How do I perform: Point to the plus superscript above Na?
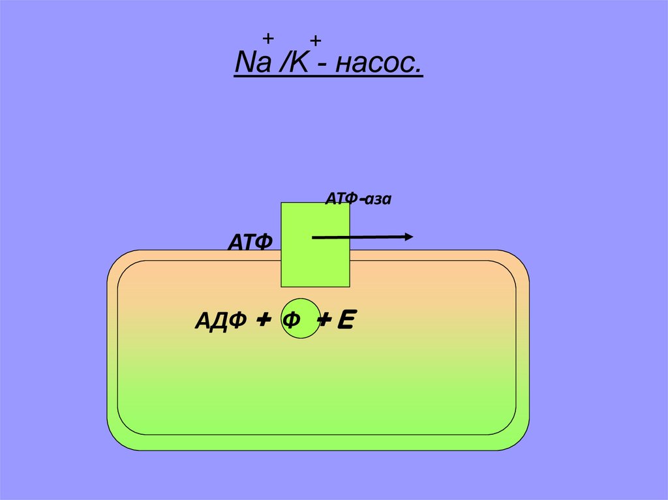(x=267, y=38)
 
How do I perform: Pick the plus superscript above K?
(x=316, y=42)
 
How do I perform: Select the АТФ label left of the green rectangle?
(x=249, y=242)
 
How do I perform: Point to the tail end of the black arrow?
(x=314, y=238)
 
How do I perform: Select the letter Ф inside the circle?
(x=292, y=321)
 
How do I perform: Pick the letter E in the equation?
(x=346, y=320)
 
